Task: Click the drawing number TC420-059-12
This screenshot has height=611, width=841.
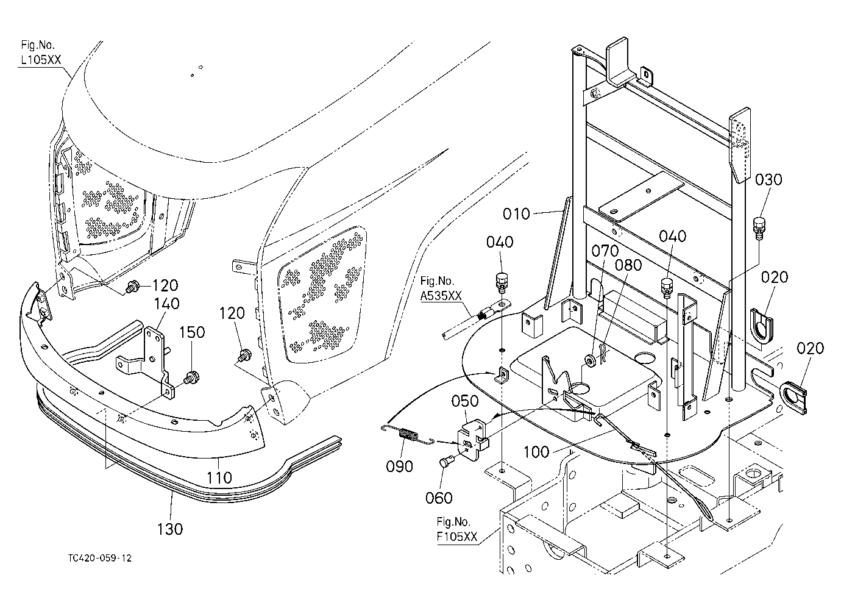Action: pos(100,558)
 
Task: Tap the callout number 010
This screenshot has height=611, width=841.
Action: pos(516,214)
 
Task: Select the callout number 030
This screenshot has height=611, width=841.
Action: pos(768,180)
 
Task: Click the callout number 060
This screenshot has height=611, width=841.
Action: pos(439,498)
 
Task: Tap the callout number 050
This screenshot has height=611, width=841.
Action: pos(465,401)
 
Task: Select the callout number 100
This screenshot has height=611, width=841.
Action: pos(536,452)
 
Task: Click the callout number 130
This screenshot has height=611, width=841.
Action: pos(170,529)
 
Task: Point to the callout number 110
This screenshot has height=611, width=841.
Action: pos(219,477)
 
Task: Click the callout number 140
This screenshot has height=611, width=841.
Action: pos(166,303)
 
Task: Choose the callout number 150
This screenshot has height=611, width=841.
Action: pos(192,332)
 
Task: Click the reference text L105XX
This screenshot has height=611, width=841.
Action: pos(41,60)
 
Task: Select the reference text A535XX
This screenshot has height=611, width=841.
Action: pos(441,296)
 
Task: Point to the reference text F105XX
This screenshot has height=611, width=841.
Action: pos(457,537)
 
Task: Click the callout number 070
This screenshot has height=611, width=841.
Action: pos(605,251)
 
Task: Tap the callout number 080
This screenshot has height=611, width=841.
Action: pos(628,265)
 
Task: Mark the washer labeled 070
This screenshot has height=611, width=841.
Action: pos(590,361)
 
